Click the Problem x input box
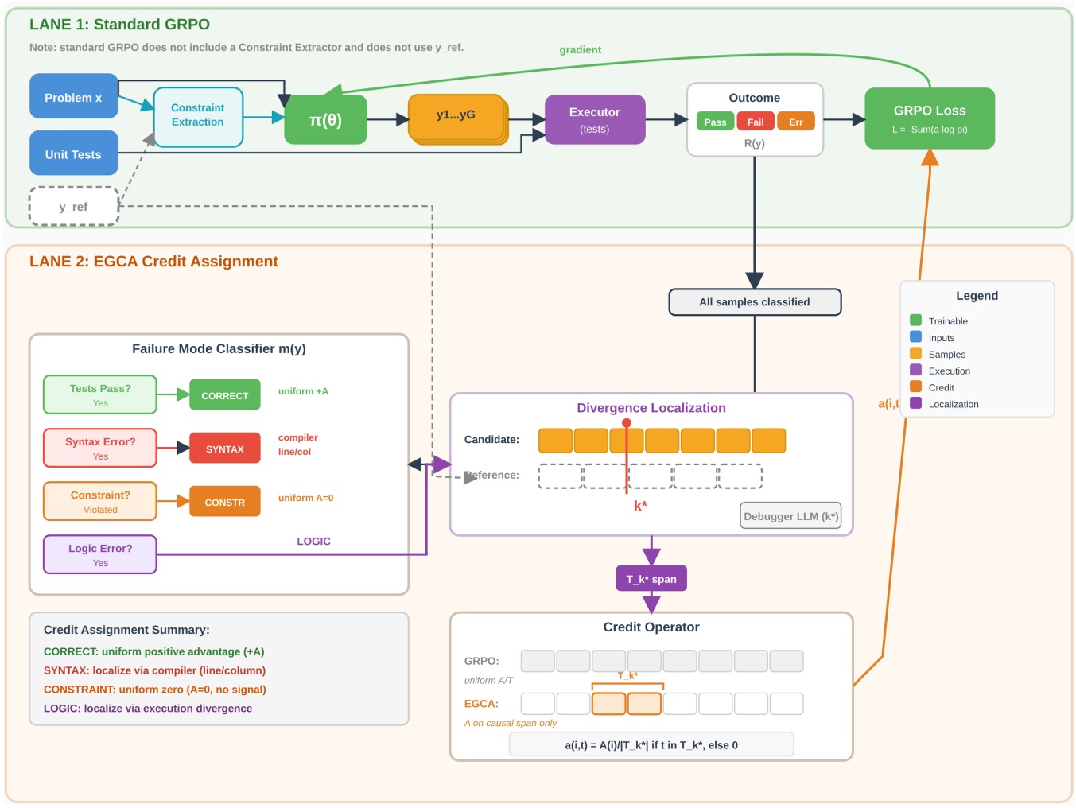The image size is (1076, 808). (73, 97)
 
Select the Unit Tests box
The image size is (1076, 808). (73, 153)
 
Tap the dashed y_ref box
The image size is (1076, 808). (73, 207)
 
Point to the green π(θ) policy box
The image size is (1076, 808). (325, 120)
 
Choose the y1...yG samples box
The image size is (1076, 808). (456, 117)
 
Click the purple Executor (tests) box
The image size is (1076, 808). (594, 120)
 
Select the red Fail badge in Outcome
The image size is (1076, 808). (755, 122)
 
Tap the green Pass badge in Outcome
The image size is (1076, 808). (715, 122)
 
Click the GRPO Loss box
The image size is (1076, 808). (929, 118)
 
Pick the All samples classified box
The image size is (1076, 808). (754, 302)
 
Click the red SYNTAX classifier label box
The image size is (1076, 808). (224, 449)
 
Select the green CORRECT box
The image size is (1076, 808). (224, 395)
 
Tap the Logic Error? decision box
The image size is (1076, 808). (100, 554)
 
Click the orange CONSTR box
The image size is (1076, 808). (224, 502)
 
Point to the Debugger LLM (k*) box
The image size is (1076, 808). (790, 516)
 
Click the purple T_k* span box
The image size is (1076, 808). (651, 579)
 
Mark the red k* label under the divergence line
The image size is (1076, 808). (640, 506)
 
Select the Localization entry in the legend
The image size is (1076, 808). (953, 404)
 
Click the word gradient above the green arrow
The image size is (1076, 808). (580, 49)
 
